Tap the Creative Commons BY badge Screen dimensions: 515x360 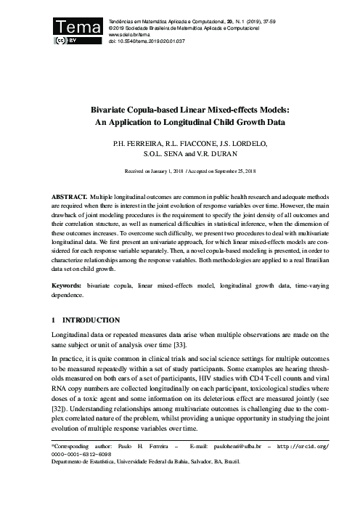click(x=67, y=41)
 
